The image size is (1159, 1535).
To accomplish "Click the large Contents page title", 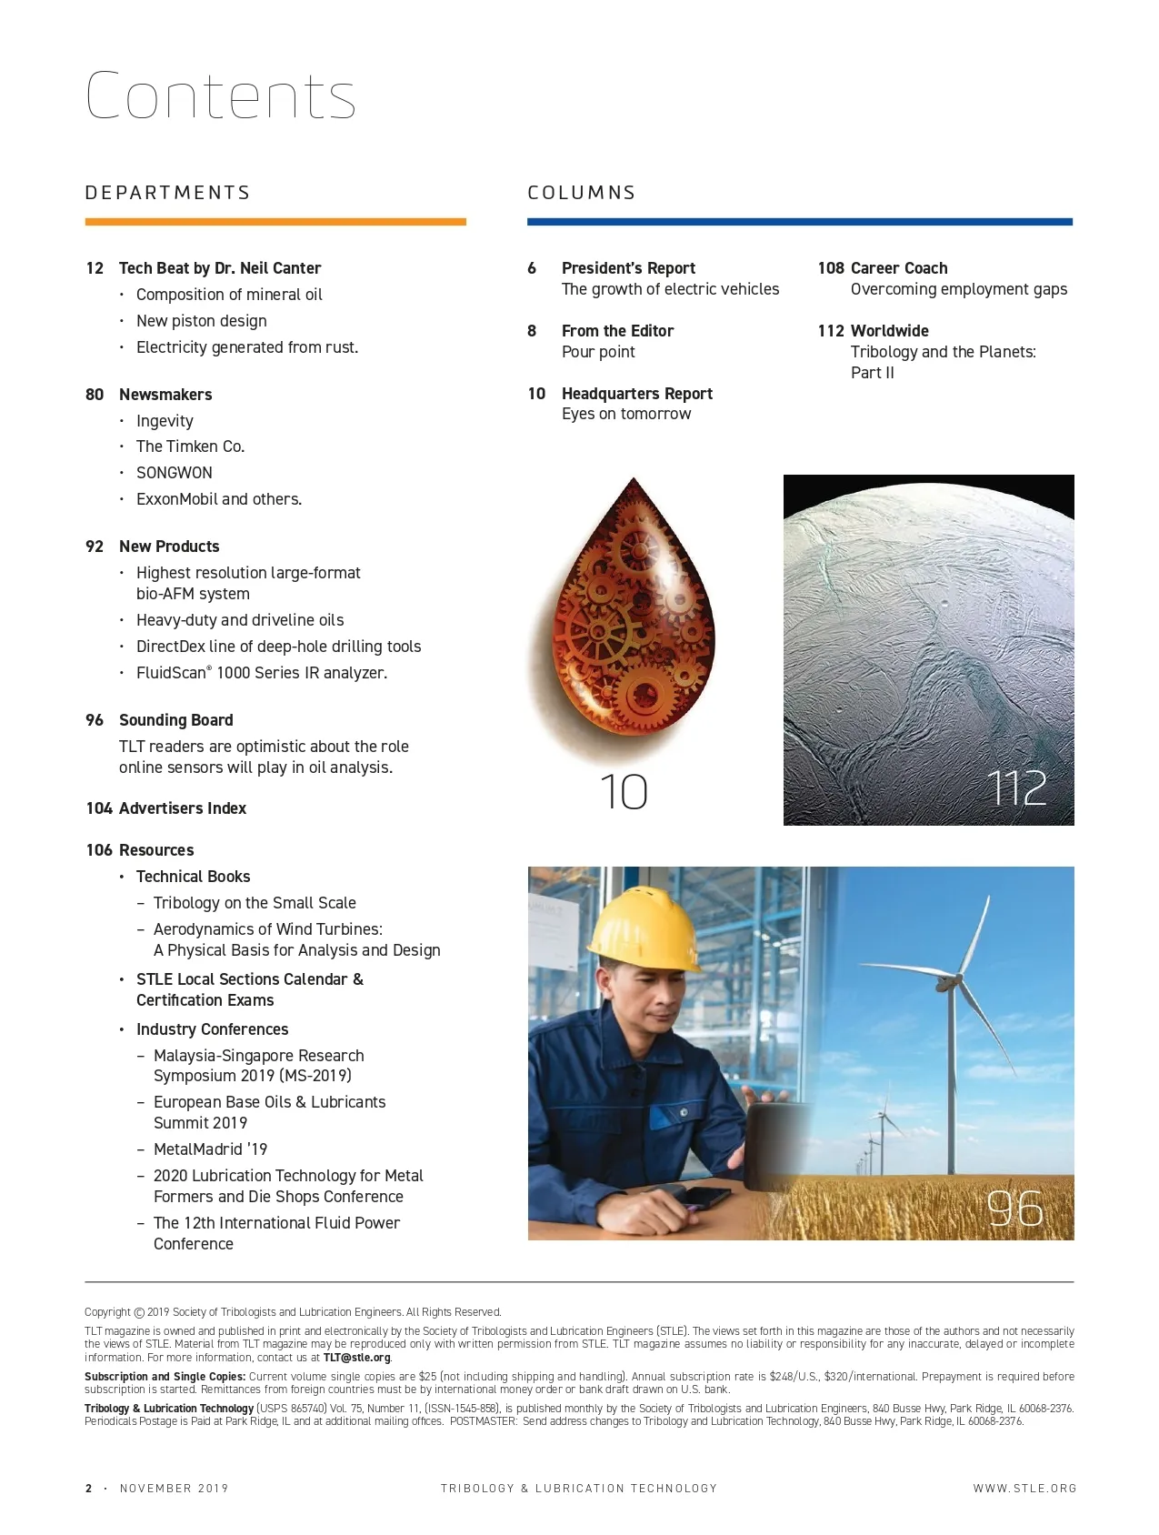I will [221, 95].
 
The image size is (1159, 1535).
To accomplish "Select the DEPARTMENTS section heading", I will [167, 193].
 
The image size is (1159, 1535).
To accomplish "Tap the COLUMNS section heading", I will [581, 193].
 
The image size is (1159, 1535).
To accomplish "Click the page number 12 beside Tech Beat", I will [95, 268].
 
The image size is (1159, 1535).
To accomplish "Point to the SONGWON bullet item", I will [174, 473].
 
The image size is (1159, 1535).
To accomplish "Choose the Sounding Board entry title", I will [175, 720].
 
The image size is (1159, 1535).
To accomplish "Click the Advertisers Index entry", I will [182, 808].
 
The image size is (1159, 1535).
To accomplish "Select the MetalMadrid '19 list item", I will [210, 1149].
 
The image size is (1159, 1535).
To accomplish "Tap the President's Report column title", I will [628, 268].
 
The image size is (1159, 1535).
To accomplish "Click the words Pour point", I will [598, 352].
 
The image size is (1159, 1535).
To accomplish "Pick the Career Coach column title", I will [899, 268].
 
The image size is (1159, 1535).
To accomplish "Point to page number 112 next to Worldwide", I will [830, 331].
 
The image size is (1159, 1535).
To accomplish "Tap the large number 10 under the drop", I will [624, 792].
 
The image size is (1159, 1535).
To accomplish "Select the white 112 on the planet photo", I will [1017, 788].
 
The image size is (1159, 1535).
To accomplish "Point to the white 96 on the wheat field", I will [1015, 1209].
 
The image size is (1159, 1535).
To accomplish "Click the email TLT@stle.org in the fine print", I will [356, 1358].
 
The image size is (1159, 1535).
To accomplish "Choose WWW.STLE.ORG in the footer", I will [1024, 1489].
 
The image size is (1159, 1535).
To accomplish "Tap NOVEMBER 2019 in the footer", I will [174, 1489].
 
